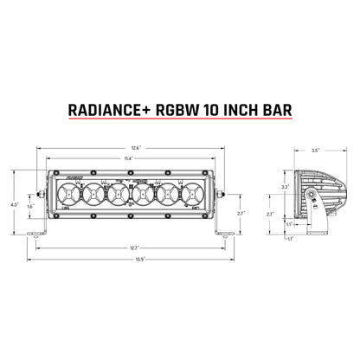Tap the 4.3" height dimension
point(13,204)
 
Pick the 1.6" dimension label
point(30,207)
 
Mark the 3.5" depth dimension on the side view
point(318,151)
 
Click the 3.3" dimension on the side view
point(286,186)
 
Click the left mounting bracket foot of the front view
point(39,235)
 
